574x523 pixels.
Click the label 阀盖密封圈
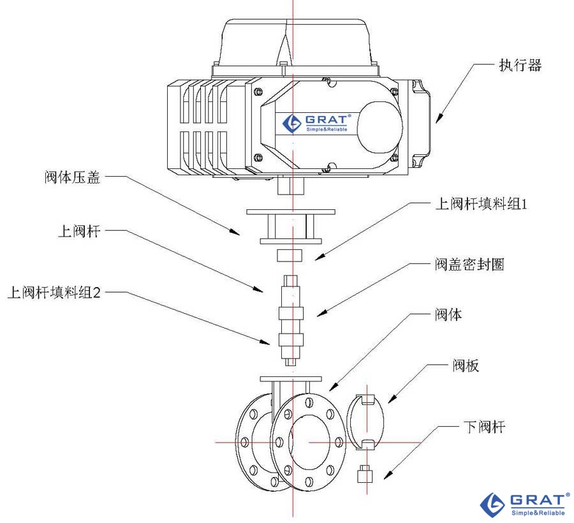pos(469,264)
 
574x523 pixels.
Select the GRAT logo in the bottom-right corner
pos(525,503)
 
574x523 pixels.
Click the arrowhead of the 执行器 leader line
pos(439,120)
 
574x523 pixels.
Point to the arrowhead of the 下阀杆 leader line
pos(385,477)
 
